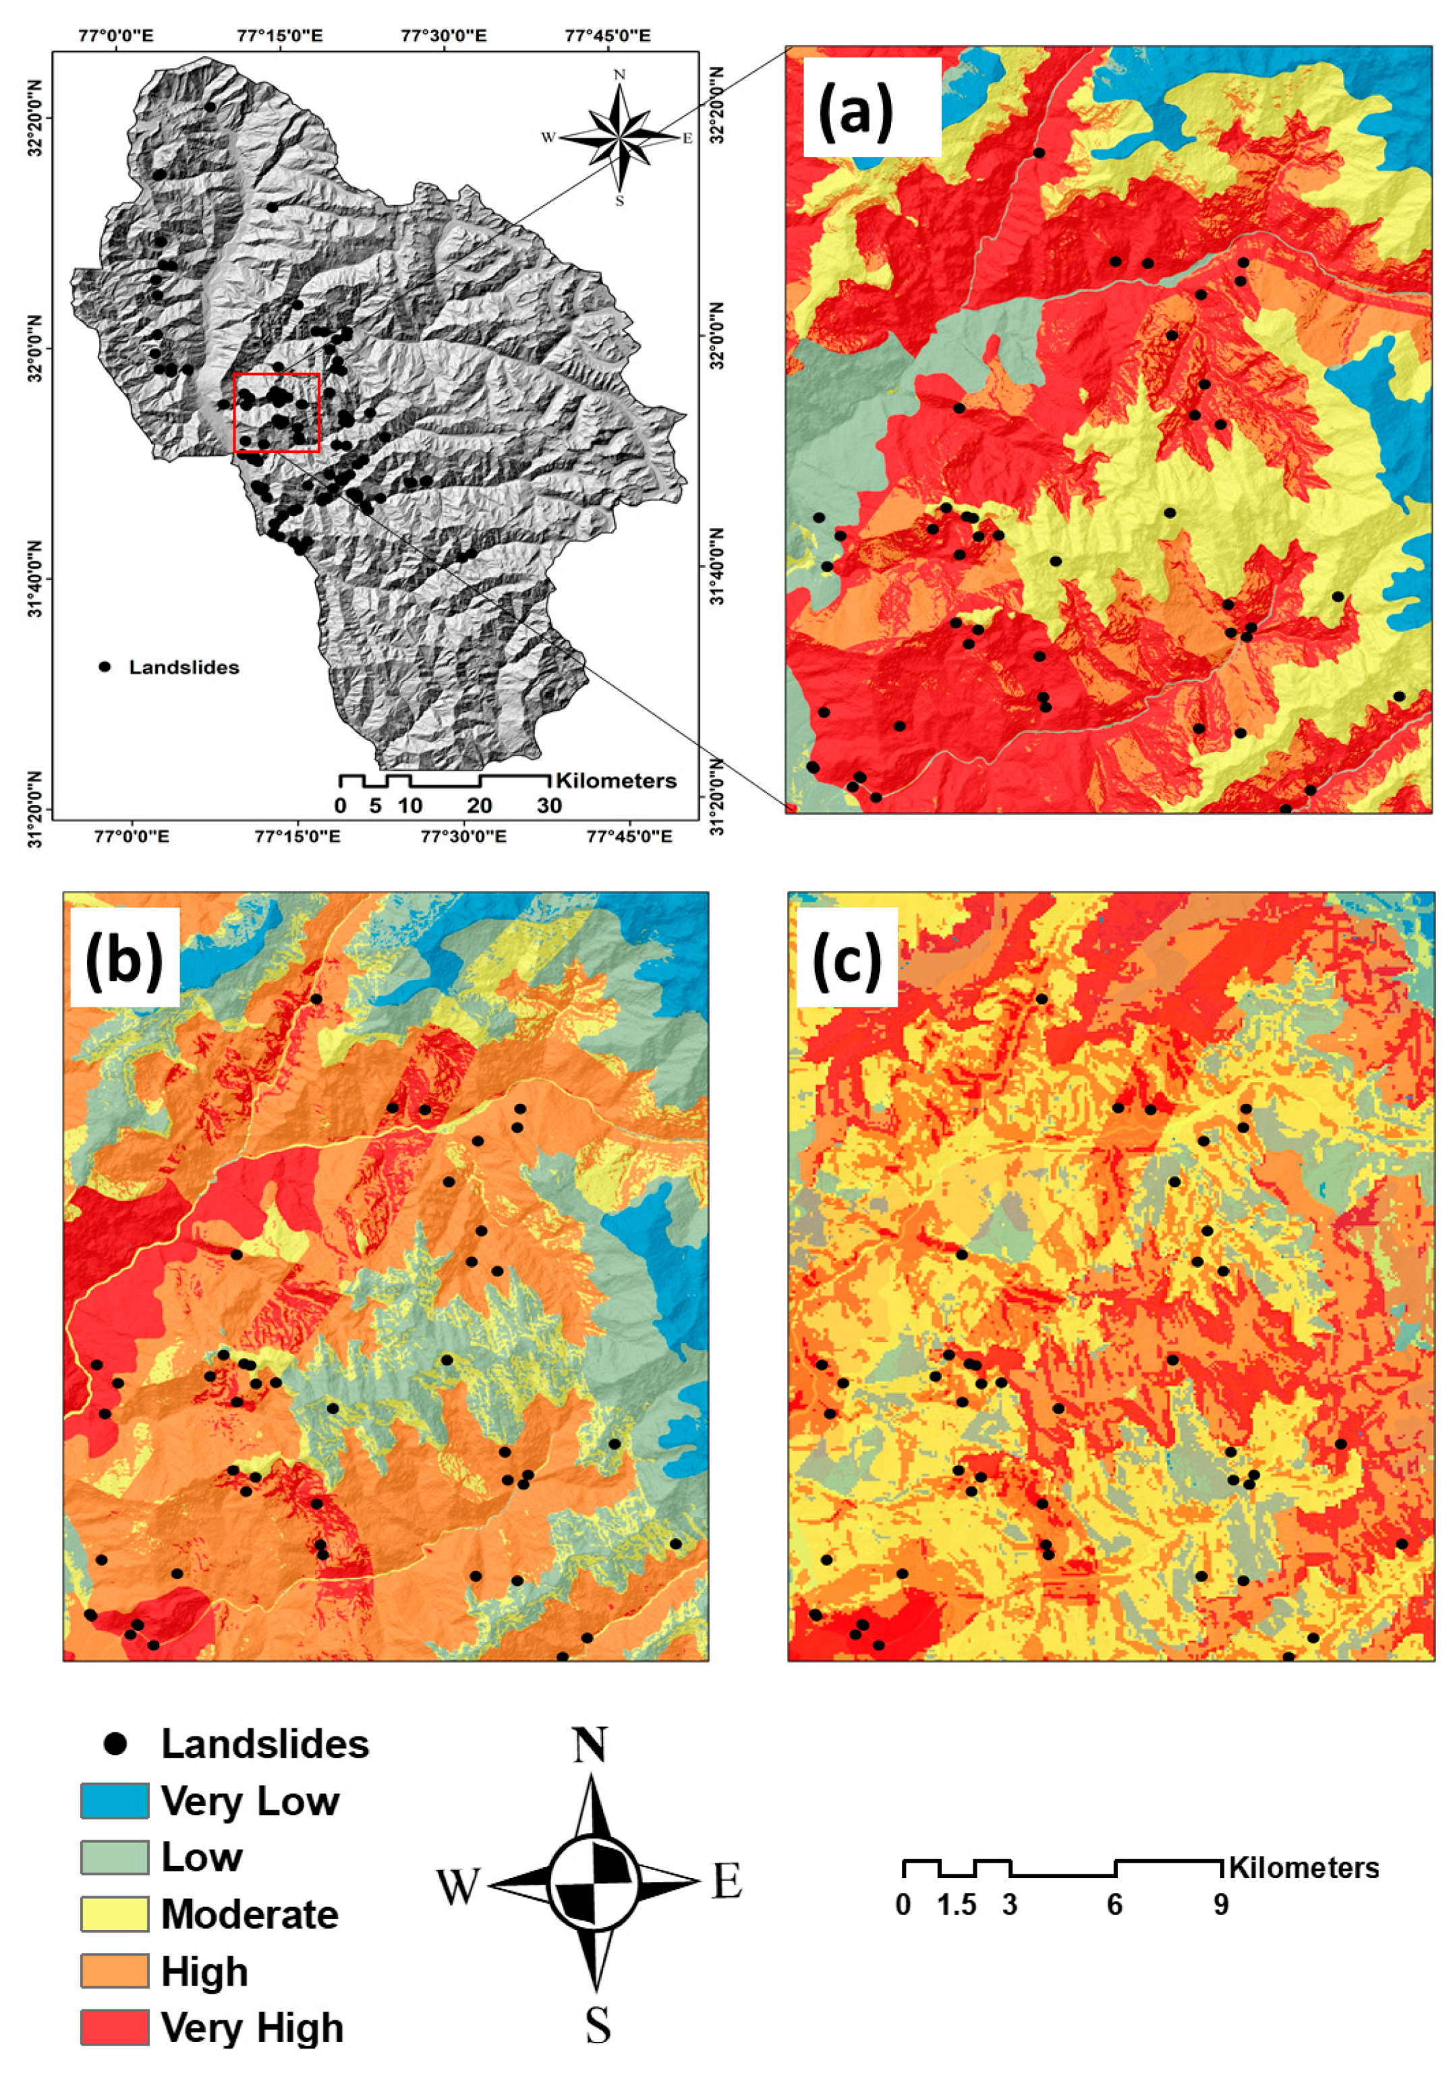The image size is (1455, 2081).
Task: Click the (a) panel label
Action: pyautogui.click(x=856, y=107)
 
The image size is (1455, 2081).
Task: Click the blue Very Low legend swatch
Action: pyautogui.click(x=114, y=1801)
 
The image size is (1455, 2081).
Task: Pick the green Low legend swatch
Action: pyautogui.click(x=114, y=1857)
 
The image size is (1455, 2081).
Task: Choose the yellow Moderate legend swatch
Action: pyautogui.click(x=114, y=1914)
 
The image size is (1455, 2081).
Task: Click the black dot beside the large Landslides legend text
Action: pyautogui.click(x=115, y=1744)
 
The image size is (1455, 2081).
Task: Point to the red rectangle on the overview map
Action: pyautogui.click(x=277, y=413)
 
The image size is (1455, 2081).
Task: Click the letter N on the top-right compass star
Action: pyautogui.click(x=620, y=74)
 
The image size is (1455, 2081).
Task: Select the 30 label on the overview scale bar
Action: pyautogui.click(x=549, y=806)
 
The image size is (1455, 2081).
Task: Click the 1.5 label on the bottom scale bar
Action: pyautogui.click(x=957, y=1905)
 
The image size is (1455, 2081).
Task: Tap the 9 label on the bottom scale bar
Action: pyautogui.click(x=1221, y=1905)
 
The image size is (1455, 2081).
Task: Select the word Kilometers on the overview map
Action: pyautogui.click(x=617, y=780)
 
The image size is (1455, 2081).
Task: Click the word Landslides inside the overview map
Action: pyautogui.click(x=184, y=668)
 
